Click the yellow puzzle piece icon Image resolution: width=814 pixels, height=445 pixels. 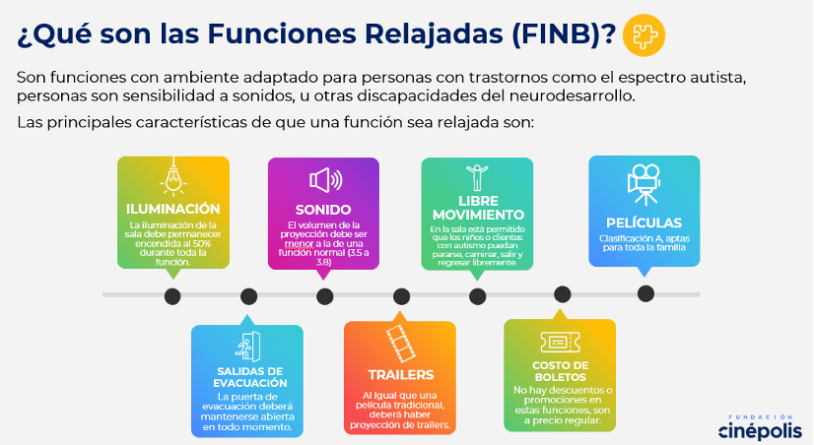pos(644,35)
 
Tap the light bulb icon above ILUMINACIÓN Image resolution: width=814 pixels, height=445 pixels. pos(173,176)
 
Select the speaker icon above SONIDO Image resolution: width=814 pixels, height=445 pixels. pos(325,180)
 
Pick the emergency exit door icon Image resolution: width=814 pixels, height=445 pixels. pos(247,347)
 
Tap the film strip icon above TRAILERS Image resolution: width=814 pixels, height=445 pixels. pos(400,344)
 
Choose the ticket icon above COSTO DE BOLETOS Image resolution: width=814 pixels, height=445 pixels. pos(560,343)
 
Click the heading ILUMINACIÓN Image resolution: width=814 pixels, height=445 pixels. pos(173,209)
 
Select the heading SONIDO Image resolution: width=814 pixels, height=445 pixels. pos(323,210)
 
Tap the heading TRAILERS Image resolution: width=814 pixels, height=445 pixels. pos(401,374)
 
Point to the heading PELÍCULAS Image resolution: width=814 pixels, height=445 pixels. pos(644,223)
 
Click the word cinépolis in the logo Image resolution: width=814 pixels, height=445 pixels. pos(760,431)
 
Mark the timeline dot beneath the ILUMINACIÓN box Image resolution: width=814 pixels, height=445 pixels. pos(172,296)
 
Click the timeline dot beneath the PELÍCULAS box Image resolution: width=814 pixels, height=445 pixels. pos(645,293)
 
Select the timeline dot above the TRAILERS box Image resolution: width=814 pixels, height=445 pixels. pos(401,296)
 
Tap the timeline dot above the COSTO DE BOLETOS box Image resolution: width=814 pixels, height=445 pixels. pos(563,294)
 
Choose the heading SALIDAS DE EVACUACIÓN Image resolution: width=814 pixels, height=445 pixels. pos(250,377)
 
